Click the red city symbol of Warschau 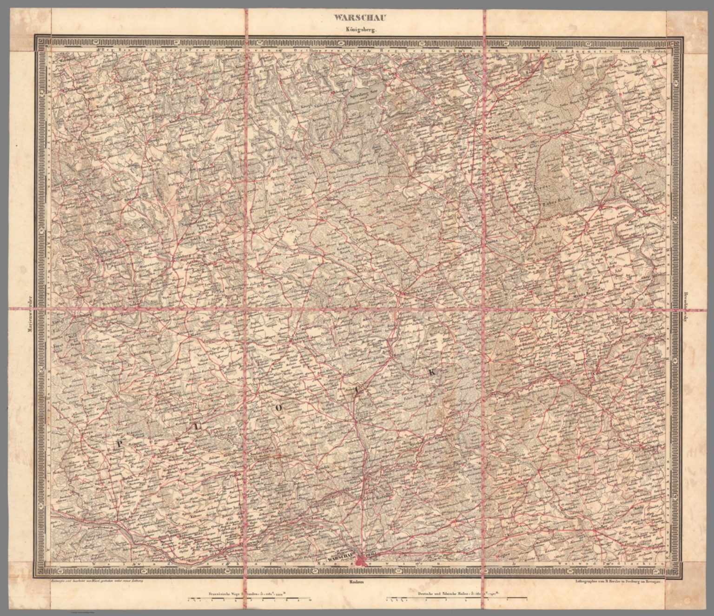pyautogui.click(x=362, y=560)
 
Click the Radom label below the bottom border pyautogui.click(x=357, y=582)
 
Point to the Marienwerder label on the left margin pyautogui.click(x=29, y=316)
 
